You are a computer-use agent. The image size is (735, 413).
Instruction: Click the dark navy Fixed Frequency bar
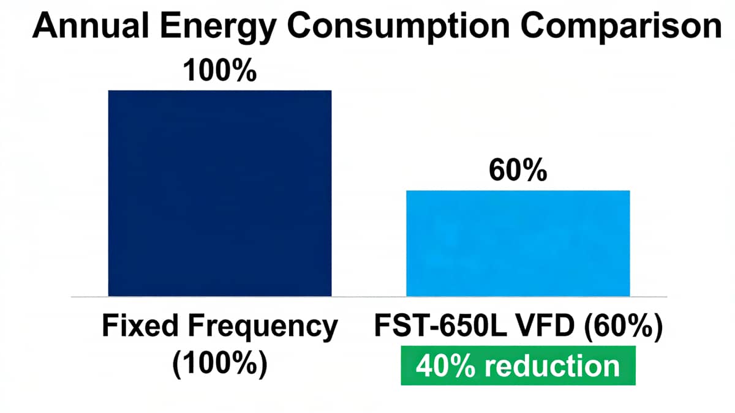click(219, 193)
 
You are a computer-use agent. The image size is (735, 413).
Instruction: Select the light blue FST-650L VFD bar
click(518, 243)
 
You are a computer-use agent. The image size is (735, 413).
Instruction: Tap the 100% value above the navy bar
click(219, 72)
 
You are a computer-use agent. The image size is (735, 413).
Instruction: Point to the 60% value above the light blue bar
click(518, 172)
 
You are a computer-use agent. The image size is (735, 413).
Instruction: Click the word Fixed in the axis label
click(136, 327)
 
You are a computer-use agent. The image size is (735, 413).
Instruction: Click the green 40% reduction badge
click(518, 366)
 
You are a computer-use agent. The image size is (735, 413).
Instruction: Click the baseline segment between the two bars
click(369, 297)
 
